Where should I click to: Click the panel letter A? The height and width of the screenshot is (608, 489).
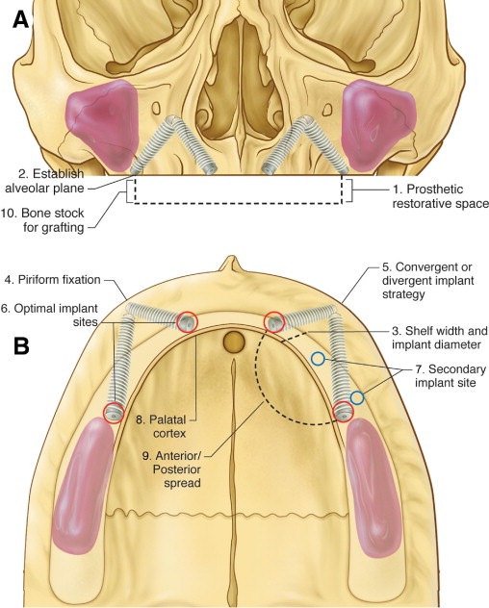click(21, 19)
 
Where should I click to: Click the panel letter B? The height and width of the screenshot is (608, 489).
click(21, 346)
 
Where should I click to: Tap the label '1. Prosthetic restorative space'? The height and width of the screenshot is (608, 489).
click(440, 196)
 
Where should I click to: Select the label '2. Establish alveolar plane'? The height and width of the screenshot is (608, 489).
click(45, 181)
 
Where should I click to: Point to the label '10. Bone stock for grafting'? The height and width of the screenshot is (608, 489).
click(42, 220)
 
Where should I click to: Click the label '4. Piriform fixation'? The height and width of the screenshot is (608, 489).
click(52, 280)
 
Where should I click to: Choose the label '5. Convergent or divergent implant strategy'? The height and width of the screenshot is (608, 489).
click(427, 280)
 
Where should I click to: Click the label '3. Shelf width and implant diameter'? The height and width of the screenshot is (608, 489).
click(439, 338)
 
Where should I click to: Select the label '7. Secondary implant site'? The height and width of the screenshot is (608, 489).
click(450, 376)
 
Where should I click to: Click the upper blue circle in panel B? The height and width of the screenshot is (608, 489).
click(318, 359)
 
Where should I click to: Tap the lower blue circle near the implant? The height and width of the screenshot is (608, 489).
click(357, 398)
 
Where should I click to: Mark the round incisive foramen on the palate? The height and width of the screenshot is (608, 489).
click(234, 342)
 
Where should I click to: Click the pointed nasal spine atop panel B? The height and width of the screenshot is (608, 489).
click(232, 263)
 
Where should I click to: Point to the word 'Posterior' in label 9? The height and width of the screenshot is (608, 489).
click(176, 469)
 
